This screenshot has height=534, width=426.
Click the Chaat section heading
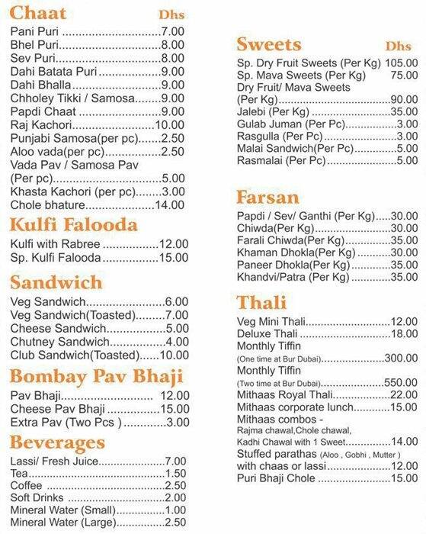click(x=38, y=13)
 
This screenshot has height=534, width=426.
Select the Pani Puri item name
click(x=35, y=31)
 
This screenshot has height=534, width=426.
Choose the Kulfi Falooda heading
click(x=73, y=224)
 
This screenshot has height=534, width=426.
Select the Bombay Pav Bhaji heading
click(x=96, y=375)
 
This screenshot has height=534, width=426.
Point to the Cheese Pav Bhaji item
click(x=58, y=409)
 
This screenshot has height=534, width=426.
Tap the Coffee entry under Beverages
click(x=28, y=485)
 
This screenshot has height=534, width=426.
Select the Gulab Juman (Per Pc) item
click(x=282, y=124)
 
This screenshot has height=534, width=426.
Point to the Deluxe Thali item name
click(x=268, y=333)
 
